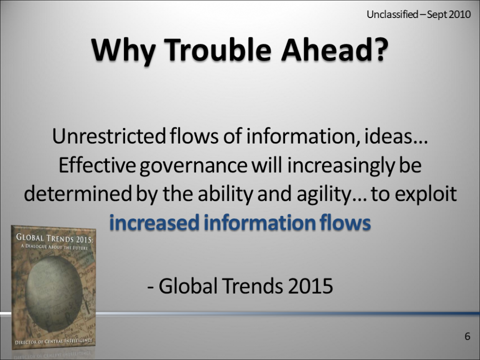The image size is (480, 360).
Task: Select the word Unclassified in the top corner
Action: [392, 14]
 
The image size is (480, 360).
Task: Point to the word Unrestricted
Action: [109, 136]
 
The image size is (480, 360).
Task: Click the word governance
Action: [193, 166]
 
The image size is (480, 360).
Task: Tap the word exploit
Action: [425, 194]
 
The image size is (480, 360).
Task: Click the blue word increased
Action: [154, 223]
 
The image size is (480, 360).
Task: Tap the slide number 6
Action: [467, 336]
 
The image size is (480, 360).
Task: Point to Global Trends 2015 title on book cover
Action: [54, 238]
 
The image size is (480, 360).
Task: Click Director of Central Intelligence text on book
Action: [54, 341]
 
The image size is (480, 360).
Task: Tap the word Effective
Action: [97, 165]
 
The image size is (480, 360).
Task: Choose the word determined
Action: [78, 194]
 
